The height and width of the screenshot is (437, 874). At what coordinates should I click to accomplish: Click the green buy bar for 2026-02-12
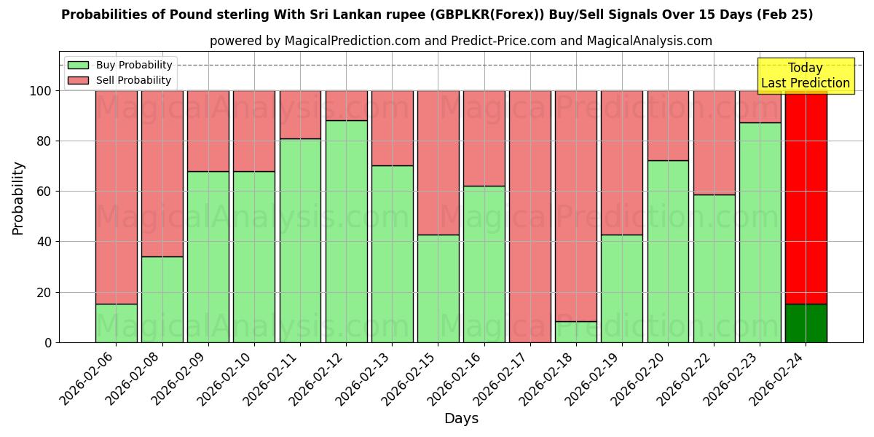[346, 231]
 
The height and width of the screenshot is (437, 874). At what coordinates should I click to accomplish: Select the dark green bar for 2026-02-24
[806, 323]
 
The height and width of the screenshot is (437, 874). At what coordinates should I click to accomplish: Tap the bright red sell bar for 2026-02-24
[806, 197]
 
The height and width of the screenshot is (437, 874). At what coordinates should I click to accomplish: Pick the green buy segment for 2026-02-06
[116, 323]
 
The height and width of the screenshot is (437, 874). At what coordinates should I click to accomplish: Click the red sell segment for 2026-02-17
[530, 216]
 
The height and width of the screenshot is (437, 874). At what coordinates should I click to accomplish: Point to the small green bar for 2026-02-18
[576, 332]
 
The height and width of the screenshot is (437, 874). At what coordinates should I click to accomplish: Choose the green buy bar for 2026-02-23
[760, 232]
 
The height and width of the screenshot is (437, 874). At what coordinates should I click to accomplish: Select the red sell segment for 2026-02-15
[438, 162]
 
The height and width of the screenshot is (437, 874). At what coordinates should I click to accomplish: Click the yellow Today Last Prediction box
[805, 76]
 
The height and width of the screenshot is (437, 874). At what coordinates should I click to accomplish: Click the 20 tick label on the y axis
[44, 293]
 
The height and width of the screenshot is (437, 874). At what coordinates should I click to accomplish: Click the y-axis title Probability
[18, 197]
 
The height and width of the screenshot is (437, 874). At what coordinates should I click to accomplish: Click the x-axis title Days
[461, 419]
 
